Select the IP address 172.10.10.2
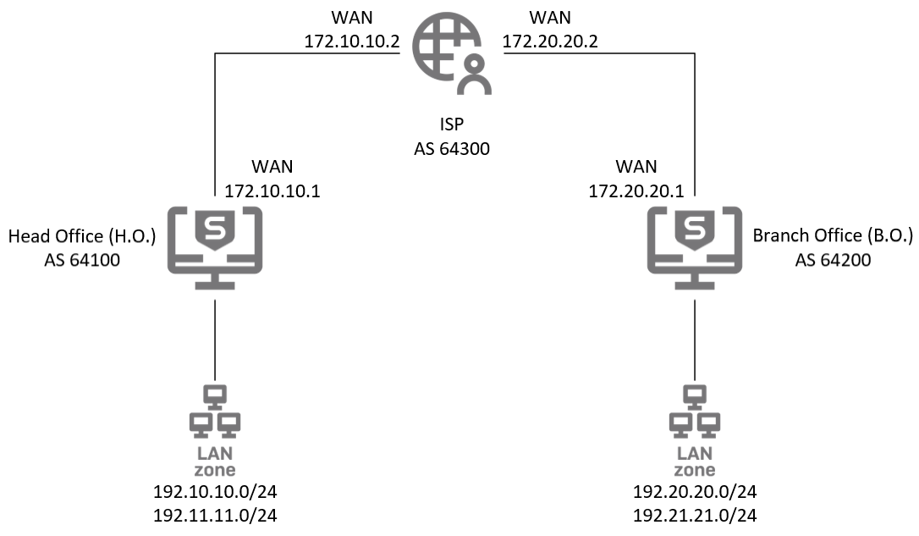[x=351, y=41]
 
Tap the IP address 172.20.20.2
[x=550, y=41]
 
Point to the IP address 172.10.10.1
[x=272, y=191]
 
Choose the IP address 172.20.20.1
[x=636, y=191]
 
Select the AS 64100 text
[x=81, y=260]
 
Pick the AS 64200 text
[x=833, y=260]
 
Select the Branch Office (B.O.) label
[x=833, y=236]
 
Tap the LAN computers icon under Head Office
[x=215, y=410]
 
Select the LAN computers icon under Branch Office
[x=695, y=410]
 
